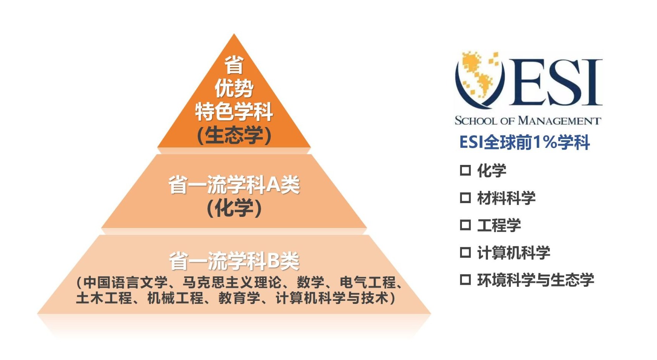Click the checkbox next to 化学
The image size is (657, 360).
click(465, 170)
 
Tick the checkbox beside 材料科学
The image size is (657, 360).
click(465, 197)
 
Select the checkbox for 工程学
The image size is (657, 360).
click(465, 225)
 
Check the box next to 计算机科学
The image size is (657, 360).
click(465, 252)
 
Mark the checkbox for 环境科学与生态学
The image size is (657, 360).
click(465, 280)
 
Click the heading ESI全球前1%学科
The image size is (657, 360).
click(525, 142)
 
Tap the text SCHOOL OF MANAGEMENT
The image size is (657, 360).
click(528, 121)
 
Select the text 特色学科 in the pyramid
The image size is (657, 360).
click(234, 112)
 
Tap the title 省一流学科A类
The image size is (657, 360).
click(234, 185)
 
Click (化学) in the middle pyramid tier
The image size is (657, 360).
click(234, 208)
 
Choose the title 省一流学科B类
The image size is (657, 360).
click(234, 261)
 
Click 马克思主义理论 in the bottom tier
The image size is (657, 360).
click(232, 283)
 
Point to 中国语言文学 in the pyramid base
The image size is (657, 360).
click(126, 283)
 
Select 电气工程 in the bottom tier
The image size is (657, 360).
click(368, 283)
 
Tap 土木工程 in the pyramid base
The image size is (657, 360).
click(104, 298)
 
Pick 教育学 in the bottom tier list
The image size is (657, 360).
click(239, 298)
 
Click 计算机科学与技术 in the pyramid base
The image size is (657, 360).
click(332, 298)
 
